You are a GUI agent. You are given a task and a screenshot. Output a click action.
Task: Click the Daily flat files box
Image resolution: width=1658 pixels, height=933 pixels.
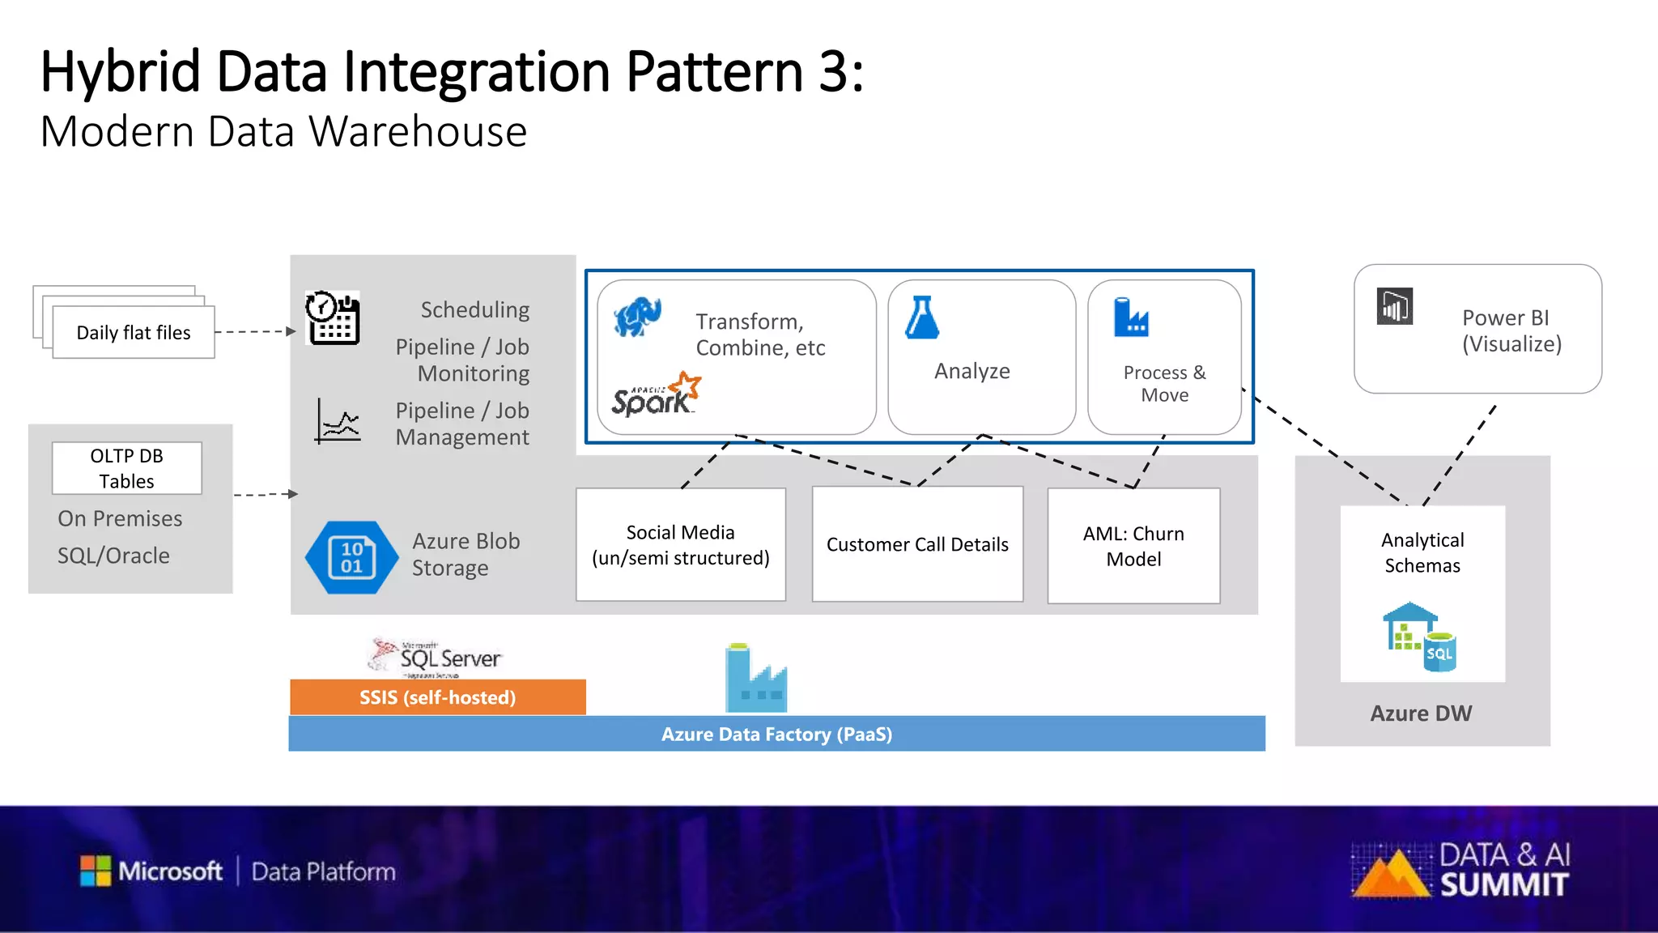[x=134, y=332]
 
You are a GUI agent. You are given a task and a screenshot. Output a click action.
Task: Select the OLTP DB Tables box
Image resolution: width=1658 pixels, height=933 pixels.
[x=127, y=468]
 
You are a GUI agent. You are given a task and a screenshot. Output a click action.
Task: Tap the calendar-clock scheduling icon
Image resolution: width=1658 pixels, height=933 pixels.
[x=333, y=318]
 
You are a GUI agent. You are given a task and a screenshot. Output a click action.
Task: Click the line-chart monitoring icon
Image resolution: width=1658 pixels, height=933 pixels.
[x=338, y=421]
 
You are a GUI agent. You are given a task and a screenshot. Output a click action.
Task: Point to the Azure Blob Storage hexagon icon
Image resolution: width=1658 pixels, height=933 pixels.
[x=351, y=557]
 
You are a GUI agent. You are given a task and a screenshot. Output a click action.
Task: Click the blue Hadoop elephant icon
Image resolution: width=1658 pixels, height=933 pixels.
[x=637, y=317]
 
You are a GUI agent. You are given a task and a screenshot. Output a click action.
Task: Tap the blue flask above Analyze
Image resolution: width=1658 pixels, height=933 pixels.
[x=922, y=317]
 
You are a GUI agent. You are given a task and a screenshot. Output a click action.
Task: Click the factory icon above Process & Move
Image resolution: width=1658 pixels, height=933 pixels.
[x=1130, y=317]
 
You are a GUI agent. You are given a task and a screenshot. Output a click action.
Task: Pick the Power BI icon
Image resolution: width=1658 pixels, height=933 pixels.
[x=1395, y=307]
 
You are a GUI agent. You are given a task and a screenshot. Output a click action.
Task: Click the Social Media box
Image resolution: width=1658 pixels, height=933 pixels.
[x=681, y=544]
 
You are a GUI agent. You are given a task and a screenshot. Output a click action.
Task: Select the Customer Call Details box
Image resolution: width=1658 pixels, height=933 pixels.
[x=917, y=544]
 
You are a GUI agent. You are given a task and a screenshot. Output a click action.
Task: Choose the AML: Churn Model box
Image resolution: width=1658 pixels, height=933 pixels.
[x=1133, y=546]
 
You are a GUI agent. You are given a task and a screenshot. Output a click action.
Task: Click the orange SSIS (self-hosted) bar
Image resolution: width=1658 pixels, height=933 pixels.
[x=438, y=697]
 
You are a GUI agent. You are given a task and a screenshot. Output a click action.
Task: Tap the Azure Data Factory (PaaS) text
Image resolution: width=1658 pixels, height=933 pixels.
[x=776, y=734]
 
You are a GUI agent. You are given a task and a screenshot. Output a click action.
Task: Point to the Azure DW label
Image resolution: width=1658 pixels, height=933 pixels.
[x=1421, y=714]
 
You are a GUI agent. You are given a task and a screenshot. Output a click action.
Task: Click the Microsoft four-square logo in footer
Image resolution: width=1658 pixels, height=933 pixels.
[x=96, y=871]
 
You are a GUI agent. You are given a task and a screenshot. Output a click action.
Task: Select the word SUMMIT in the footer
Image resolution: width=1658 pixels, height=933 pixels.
[x=1504, y=885]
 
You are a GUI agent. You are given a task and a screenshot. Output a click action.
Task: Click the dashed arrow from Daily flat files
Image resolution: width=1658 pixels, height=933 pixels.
[x=255, y=331]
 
